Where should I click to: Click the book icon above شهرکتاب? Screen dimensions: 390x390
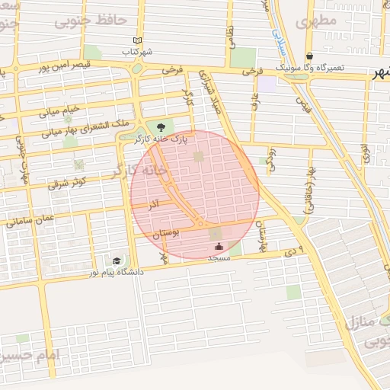(x=137, y=40)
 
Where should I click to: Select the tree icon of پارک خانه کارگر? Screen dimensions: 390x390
(x=159, y=126)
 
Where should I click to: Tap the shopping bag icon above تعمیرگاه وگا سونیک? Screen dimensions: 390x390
(x=310, y=56)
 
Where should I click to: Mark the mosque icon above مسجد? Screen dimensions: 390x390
(x=219, y=246)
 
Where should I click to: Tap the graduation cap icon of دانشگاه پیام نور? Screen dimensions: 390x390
(x=117, y=260)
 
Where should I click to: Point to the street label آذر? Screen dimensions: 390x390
(x=154, y=206)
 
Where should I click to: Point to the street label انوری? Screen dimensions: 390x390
(x=366, y=157)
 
